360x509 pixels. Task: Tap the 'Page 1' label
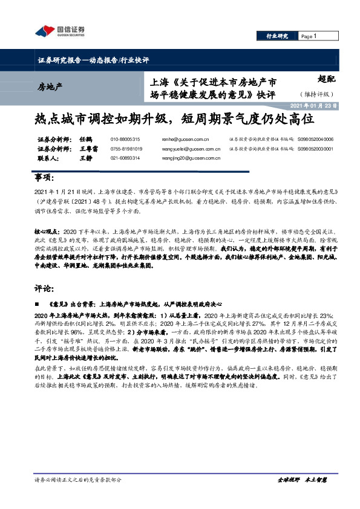(x=309, y=36)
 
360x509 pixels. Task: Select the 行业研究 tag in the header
(x=277, y=36)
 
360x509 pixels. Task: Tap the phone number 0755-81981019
(x=126, y=149)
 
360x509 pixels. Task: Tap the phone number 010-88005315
(x=125, y=140)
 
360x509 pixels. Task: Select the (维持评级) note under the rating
(x=316, y=94)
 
